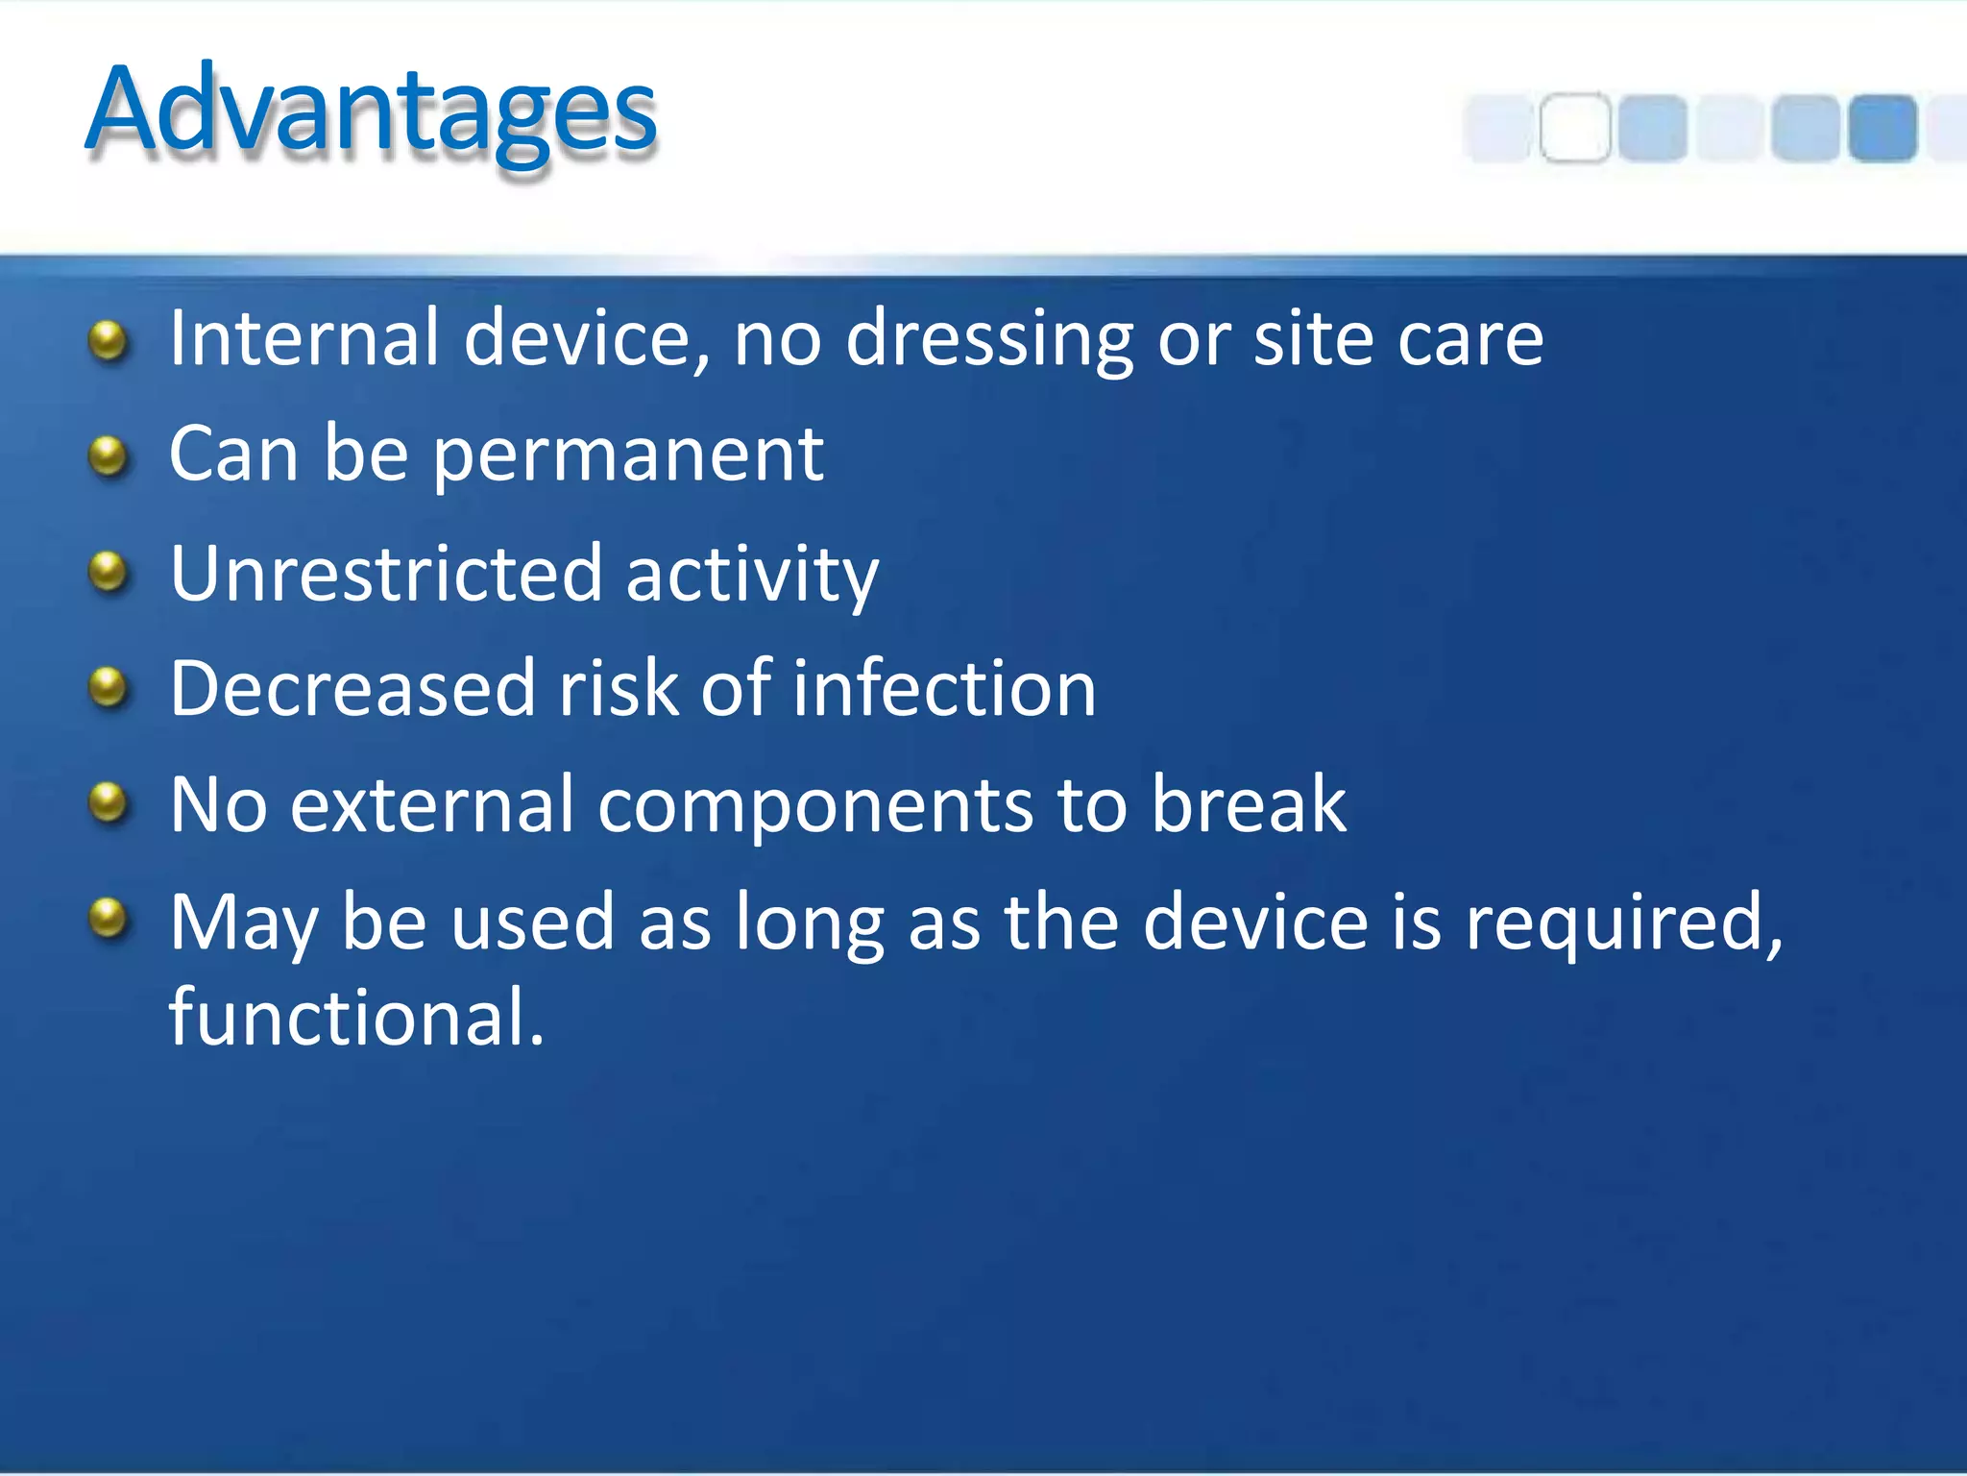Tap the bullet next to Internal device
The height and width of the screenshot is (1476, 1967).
(x=108, y=341)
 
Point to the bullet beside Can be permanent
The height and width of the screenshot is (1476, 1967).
(x=108, y=456)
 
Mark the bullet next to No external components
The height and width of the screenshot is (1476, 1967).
(x=108, y=802)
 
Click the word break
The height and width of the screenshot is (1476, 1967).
(x=1249, y=804)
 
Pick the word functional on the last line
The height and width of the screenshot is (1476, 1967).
(x=355, y=1017)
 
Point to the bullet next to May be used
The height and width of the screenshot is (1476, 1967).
(x=108, y=918)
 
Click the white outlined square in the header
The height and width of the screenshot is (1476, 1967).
(x=1575, y=128)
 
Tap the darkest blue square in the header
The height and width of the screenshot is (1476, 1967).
(x=1882, y=128)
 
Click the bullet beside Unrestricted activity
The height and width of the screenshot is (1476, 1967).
(x=108, y=573)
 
